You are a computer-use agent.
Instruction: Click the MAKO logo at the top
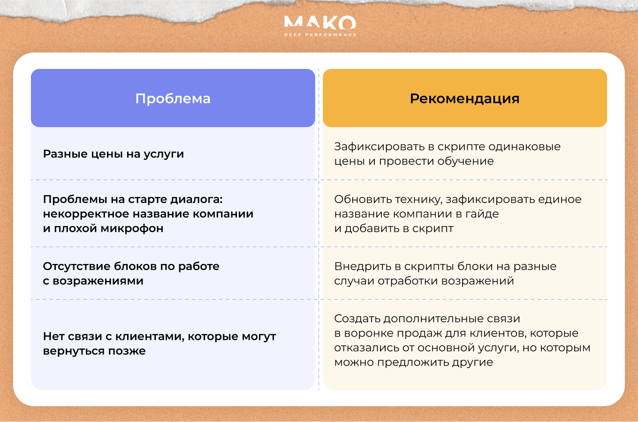click(320, 23)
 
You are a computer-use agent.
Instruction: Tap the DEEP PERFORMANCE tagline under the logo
click(320, 35)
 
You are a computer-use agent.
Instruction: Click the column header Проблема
click(173, 98)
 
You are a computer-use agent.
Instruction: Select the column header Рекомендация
click(464, 98)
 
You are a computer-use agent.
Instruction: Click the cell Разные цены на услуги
click(114, 154)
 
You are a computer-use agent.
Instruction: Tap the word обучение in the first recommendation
click(465, 161)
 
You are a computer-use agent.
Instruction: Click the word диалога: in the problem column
click(196, 199)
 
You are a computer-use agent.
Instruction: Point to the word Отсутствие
click(76, 266)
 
